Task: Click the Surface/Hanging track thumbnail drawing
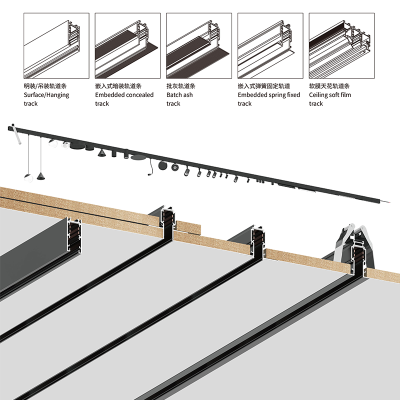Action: (x=56, y=45)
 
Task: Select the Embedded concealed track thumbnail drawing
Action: (x=128, y=45)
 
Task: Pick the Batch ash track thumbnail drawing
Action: (x=199, y=45)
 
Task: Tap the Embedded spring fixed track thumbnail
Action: (x=270, y=45)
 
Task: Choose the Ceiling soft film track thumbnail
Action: (x=342, y=45)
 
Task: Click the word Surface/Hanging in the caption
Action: (x=46, y=95)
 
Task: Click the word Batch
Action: (x=174, y=95)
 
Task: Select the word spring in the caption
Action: (x=269, y=95)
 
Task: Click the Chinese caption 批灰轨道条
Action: (x=181, y=86)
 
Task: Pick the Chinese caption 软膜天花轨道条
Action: (x=329, y=86)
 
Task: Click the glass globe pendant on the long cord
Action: (x=28, y=178)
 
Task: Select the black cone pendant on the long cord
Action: (x=41, y=176)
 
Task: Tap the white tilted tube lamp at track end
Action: (x=16, y=134)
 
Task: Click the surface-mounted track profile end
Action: (x=74, y=236)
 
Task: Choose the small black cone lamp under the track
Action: (x=102, y=153)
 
